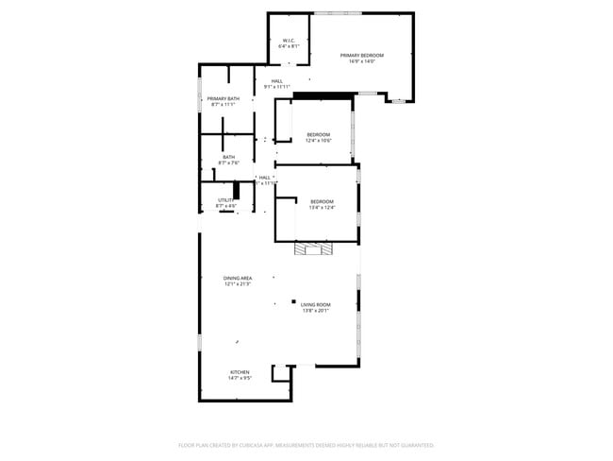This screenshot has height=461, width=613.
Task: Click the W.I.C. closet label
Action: coord(290,40)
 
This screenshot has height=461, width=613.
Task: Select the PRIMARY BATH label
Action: coord(224,98)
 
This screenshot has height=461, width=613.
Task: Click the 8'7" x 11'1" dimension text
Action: coord(224,105)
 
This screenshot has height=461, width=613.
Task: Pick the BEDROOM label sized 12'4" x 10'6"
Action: coord(319,135)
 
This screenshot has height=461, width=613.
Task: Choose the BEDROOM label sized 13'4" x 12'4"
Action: coord(323,200)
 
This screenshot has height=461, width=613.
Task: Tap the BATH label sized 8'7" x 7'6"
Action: coord(229,157)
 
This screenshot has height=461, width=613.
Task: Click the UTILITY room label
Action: coord(226,200)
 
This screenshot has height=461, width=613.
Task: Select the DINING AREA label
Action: coord(238,278)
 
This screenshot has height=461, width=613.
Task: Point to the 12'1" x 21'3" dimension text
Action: coord(238,284)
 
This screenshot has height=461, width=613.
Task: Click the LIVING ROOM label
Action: coord(316,304)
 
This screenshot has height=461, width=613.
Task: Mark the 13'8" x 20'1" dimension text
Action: coord(316,311)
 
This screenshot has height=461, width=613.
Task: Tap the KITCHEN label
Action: coord(240,372)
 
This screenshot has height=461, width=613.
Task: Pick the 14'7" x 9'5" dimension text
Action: coord(240,379)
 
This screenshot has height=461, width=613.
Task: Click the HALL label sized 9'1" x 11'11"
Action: coord(277,81)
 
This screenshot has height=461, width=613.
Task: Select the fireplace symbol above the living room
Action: coord(313,249)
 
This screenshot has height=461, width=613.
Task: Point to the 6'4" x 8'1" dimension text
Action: coord(290,46)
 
